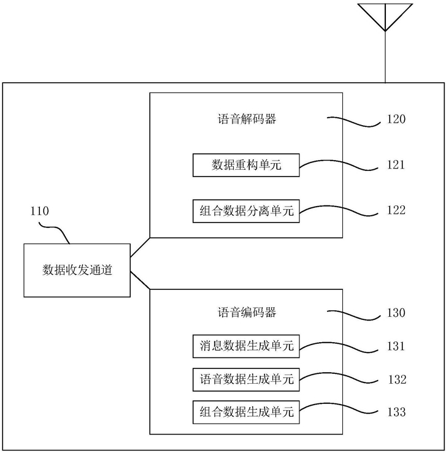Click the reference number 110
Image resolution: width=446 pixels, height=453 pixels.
tap(40, 211)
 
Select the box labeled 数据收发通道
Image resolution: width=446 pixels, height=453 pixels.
tap(77, 270)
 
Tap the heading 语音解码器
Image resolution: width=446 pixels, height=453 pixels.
tap(247, 119)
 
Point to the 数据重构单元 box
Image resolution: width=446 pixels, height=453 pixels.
tap(246, 165)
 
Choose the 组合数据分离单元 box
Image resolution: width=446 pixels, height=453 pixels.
tap(246, 211)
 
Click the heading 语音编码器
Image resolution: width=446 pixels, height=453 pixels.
tap(247, 312)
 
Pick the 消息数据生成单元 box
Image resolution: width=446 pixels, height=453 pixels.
tap(246, 346)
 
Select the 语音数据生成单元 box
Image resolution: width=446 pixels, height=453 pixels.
tap(246, 379)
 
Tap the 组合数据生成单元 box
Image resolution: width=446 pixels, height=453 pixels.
tap(246, 412)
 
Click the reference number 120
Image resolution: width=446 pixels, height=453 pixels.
tap(396, 119)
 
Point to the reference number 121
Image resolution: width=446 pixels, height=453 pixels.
tap(396, 165)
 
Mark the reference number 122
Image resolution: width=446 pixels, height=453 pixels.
tap(396, 210)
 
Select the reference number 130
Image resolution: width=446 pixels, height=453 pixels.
tap(396, 313)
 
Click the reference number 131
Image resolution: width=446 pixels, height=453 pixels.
tap(396, 346)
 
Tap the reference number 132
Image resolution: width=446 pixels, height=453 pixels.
tap(397, 379)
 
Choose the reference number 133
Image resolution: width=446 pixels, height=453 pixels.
tap(396, 412)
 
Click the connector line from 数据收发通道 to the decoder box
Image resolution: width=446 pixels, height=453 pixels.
tap(140, 247)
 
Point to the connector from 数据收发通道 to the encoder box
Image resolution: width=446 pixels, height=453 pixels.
tap(140, 280)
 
